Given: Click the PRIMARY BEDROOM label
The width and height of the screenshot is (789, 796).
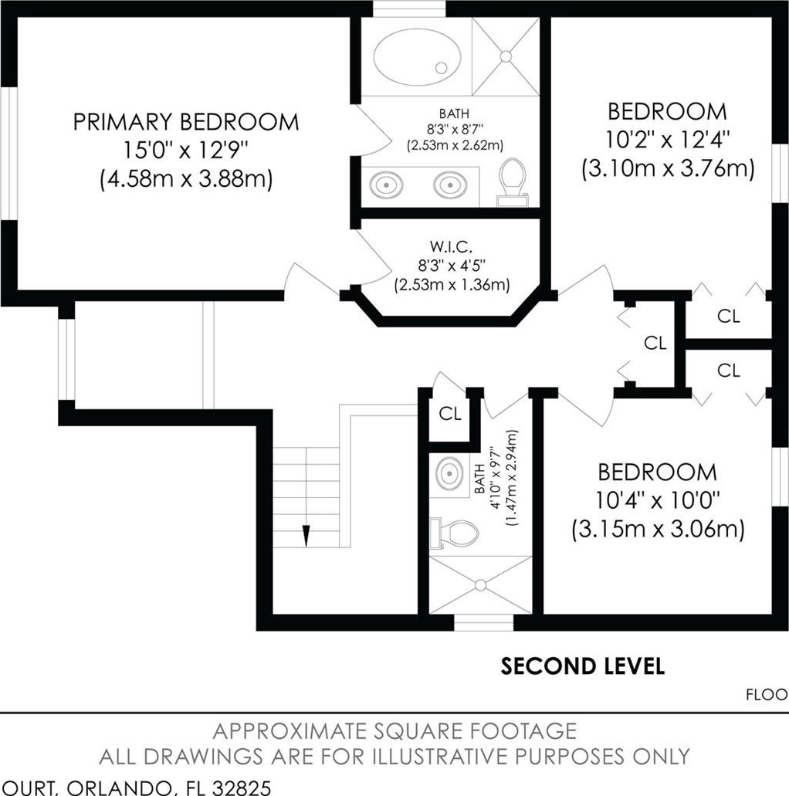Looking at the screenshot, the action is point(186,122).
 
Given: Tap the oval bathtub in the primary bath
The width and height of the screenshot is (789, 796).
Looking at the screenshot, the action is point(418,57).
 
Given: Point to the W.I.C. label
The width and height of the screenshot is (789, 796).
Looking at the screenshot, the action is point(452,247).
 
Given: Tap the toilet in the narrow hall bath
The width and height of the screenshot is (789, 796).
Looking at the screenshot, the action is point(454,533).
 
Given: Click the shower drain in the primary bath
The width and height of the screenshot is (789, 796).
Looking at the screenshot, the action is point(506,56).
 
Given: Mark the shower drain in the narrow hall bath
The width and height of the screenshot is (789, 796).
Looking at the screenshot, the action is point(480,584).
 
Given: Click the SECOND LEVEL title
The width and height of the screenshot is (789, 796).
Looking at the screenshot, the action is point(582,666).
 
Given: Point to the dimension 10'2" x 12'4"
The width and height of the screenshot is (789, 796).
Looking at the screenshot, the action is point(667,140).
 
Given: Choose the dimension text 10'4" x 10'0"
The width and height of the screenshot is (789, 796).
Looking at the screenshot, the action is point(658,501).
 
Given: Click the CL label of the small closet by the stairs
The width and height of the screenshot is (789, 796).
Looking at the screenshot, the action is point(450,414).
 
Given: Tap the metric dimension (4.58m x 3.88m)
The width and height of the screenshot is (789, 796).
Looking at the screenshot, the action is point(186,178).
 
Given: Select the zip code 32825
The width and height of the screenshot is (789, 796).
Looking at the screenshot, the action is point(241,788).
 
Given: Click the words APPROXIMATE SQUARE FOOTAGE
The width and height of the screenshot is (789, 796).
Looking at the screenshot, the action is point(394,731).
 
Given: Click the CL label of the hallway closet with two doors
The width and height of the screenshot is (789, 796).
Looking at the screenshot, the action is point(655,343).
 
